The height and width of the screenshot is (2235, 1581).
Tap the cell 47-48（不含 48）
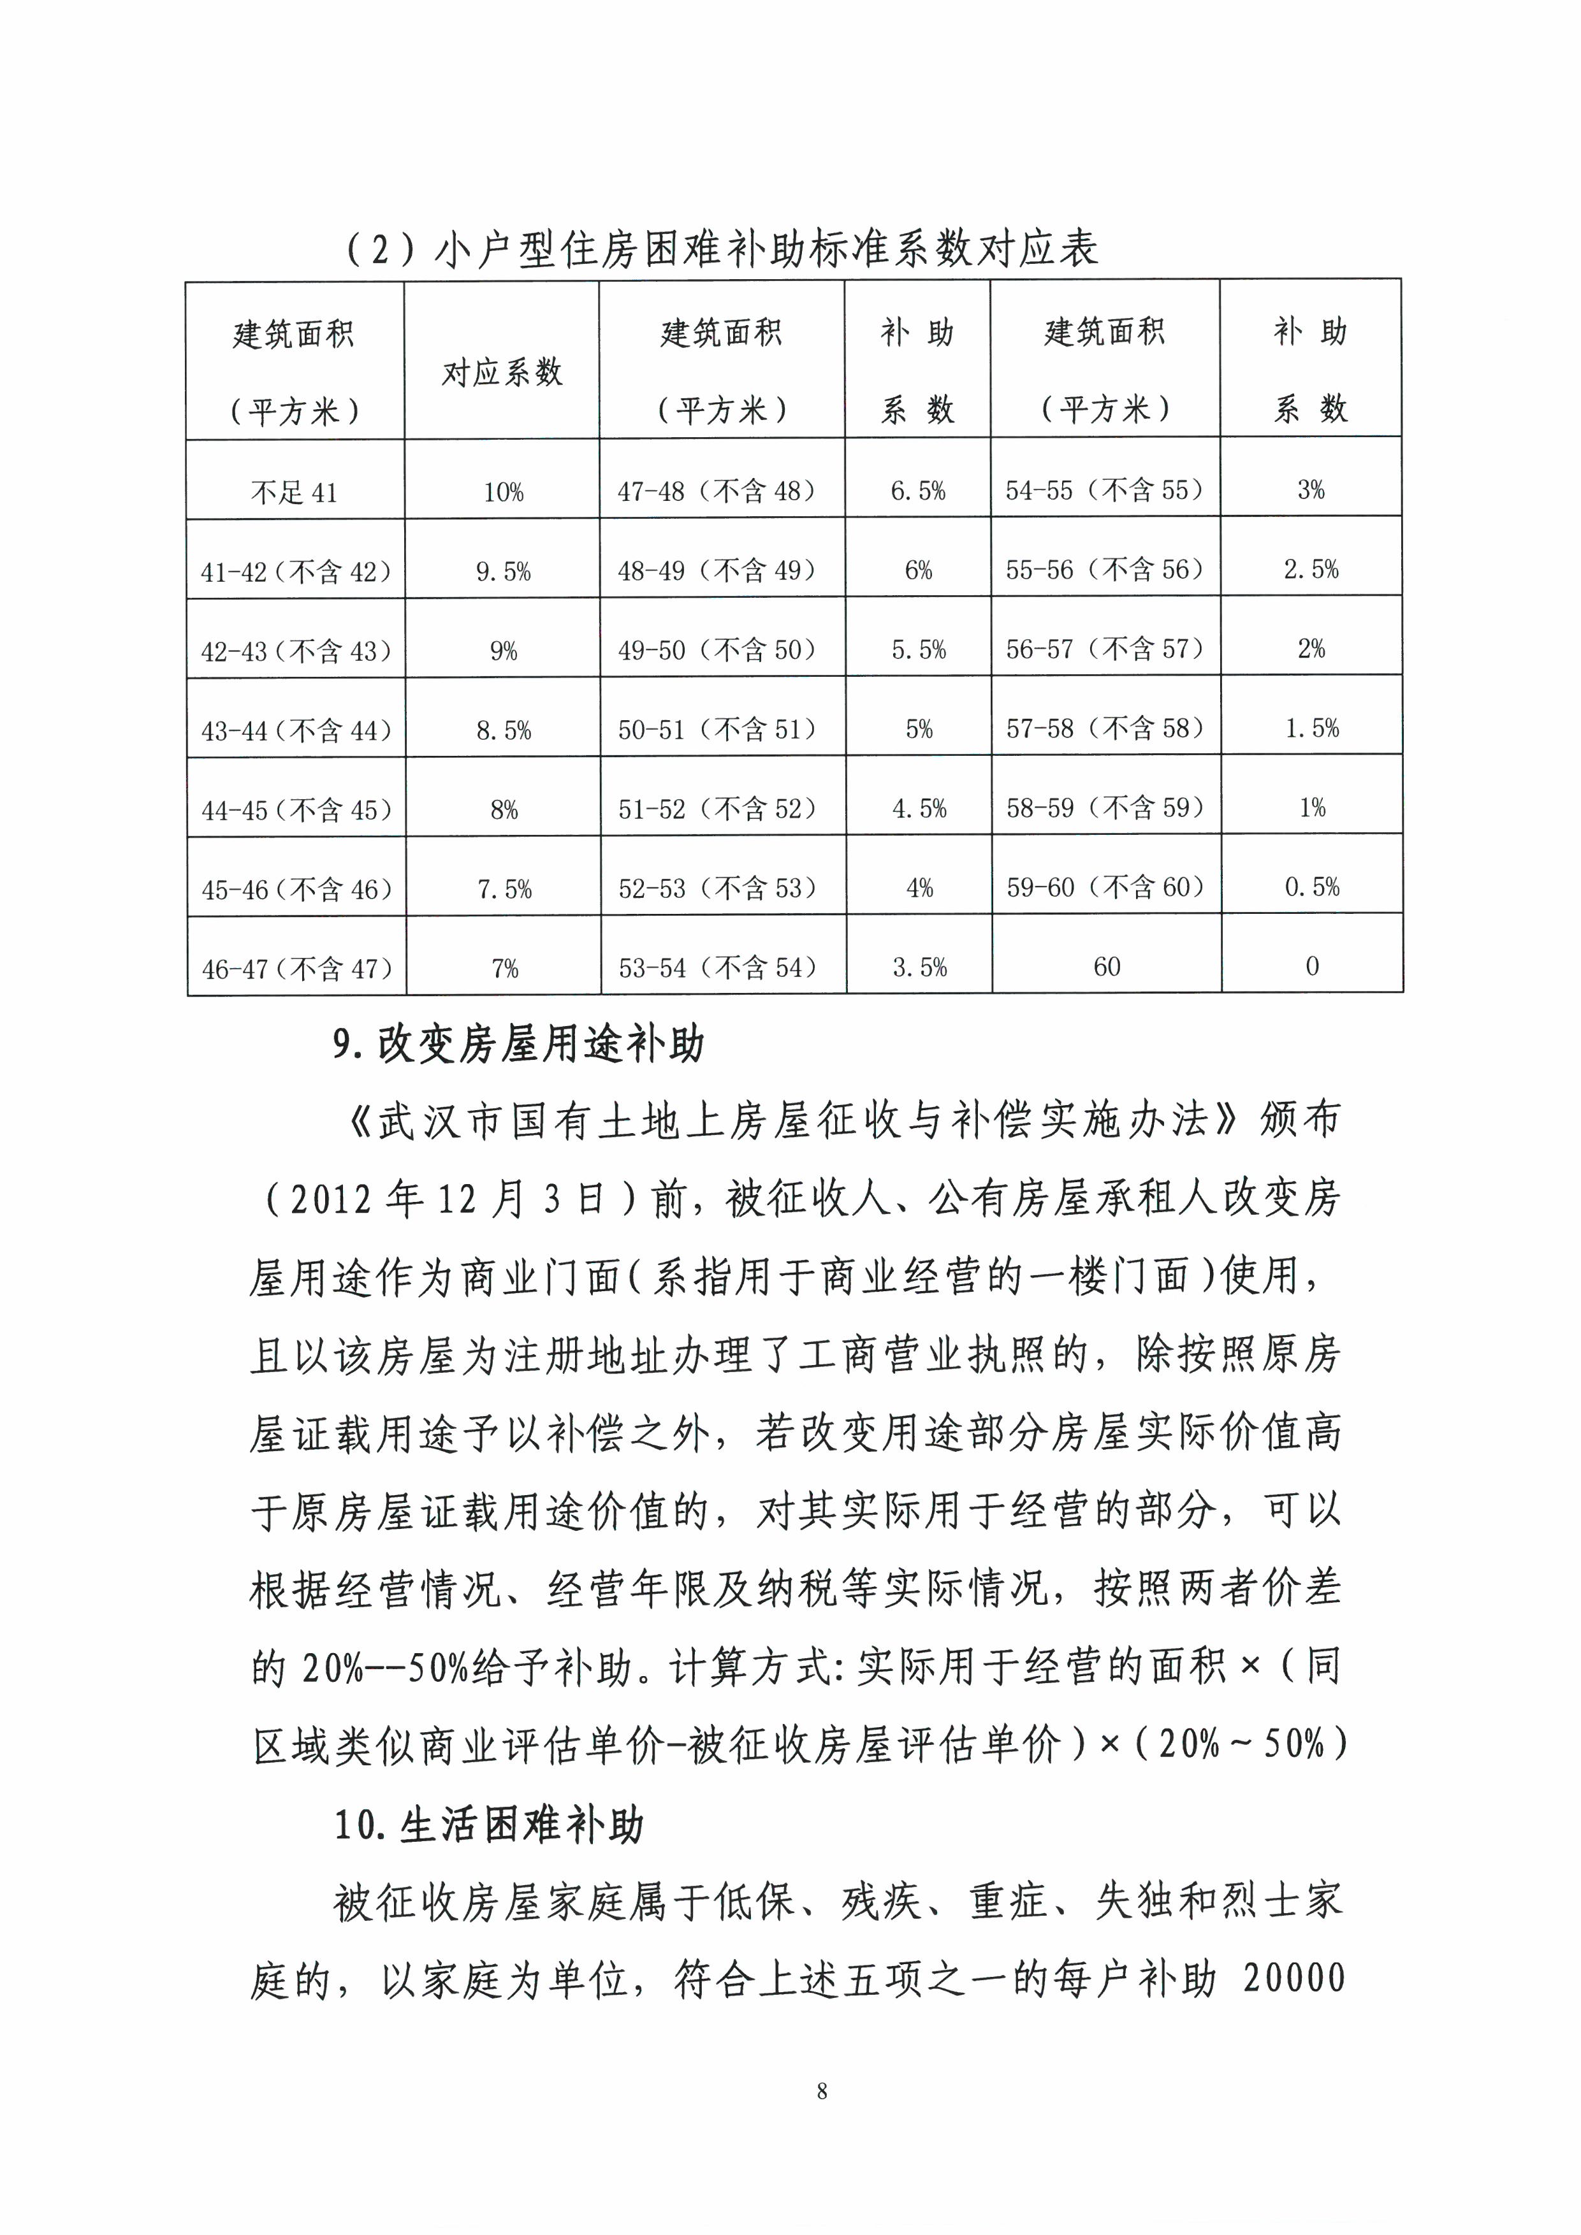717,491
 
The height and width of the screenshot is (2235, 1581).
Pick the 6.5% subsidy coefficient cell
917,491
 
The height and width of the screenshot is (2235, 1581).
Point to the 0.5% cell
1311,886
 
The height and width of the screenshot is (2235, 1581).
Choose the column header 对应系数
502,372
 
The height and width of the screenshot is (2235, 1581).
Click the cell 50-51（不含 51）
717,729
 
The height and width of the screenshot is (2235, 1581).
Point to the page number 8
822,2091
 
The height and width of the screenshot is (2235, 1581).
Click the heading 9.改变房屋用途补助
518,1045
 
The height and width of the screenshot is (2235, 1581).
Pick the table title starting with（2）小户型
722,249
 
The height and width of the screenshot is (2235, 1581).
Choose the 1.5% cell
1311,728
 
